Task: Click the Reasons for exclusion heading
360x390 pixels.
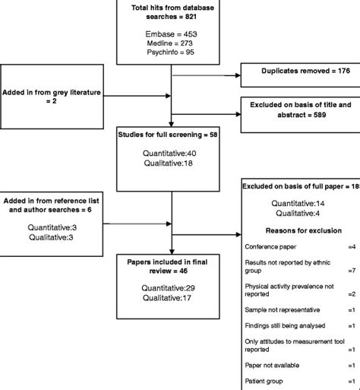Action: pyautogui.click(x=298, y=229)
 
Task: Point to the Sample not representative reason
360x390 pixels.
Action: pyautogui.click(x=283, y=309)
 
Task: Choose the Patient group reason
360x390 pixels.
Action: pyautogui.click(x=265, y=379)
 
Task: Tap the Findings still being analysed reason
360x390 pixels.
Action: pyautogui.click(x=284, y=326)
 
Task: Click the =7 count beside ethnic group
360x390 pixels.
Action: pyautogui.click(x=351, y=270)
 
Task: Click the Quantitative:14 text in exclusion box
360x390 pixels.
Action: pyautogui.click(x=298, y=203)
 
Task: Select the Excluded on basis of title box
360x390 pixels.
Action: pyautogui.click(x=298, y=108)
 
